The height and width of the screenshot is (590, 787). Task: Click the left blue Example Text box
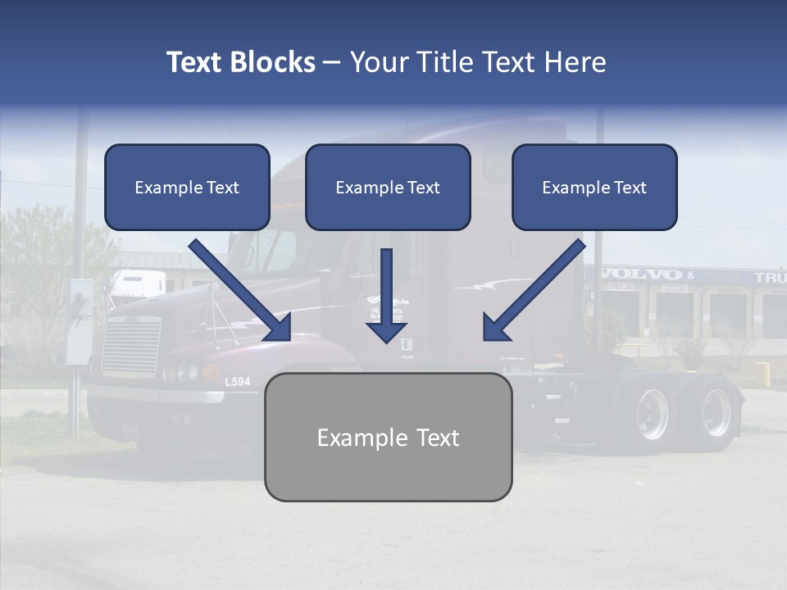pyautogui.click(x=187, y=187)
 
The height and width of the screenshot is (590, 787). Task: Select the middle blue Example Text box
pyautogui.click(x=388, y=187)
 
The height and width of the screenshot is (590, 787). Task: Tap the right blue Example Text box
pyautogui.click(x=594, y=187)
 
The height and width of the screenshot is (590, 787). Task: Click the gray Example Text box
pyautogui.click(x=388, y=437)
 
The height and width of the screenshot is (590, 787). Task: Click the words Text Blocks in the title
pyautogui.click(x=240, y=62)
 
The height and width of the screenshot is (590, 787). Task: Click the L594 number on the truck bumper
pyautogui.click(x=237, y=381)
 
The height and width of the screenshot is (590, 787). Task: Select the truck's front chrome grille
pyautogui.click(x=130, y=347)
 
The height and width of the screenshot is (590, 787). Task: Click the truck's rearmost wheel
pyautogui.click(x=715, y=412)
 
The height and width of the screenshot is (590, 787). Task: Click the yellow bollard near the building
pyautogui.click(x=762, y=373)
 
